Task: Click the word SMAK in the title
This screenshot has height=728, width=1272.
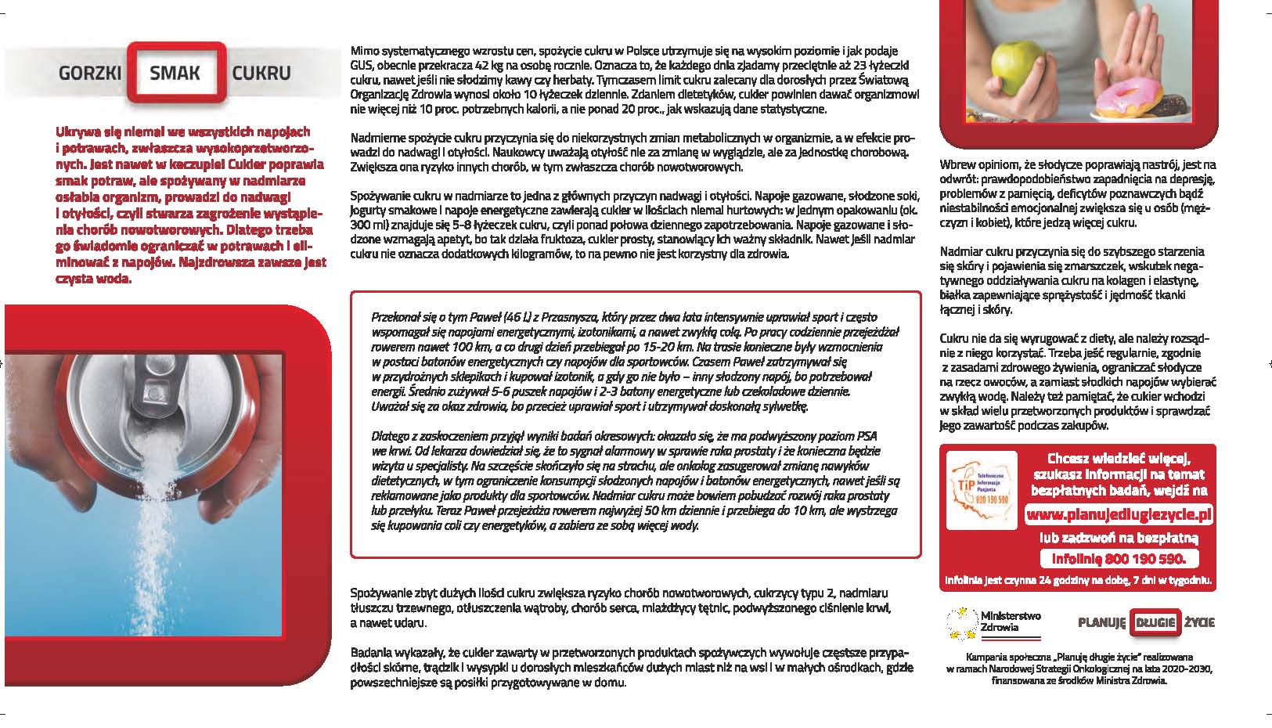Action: pos(175,73)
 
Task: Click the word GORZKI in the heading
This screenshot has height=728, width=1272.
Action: pos(89,74)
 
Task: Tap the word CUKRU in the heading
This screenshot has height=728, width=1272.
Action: pos(261,74)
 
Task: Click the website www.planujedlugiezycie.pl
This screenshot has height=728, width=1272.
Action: pos(1119,514)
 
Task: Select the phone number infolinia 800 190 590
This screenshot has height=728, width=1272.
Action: pos(1119,558)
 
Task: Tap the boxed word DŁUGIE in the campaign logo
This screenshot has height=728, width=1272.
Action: pos(1156,622)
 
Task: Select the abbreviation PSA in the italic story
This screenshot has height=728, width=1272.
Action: pos(867,437)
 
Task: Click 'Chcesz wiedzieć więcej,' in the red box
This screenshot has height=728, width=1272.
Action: pos(1119,459)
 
